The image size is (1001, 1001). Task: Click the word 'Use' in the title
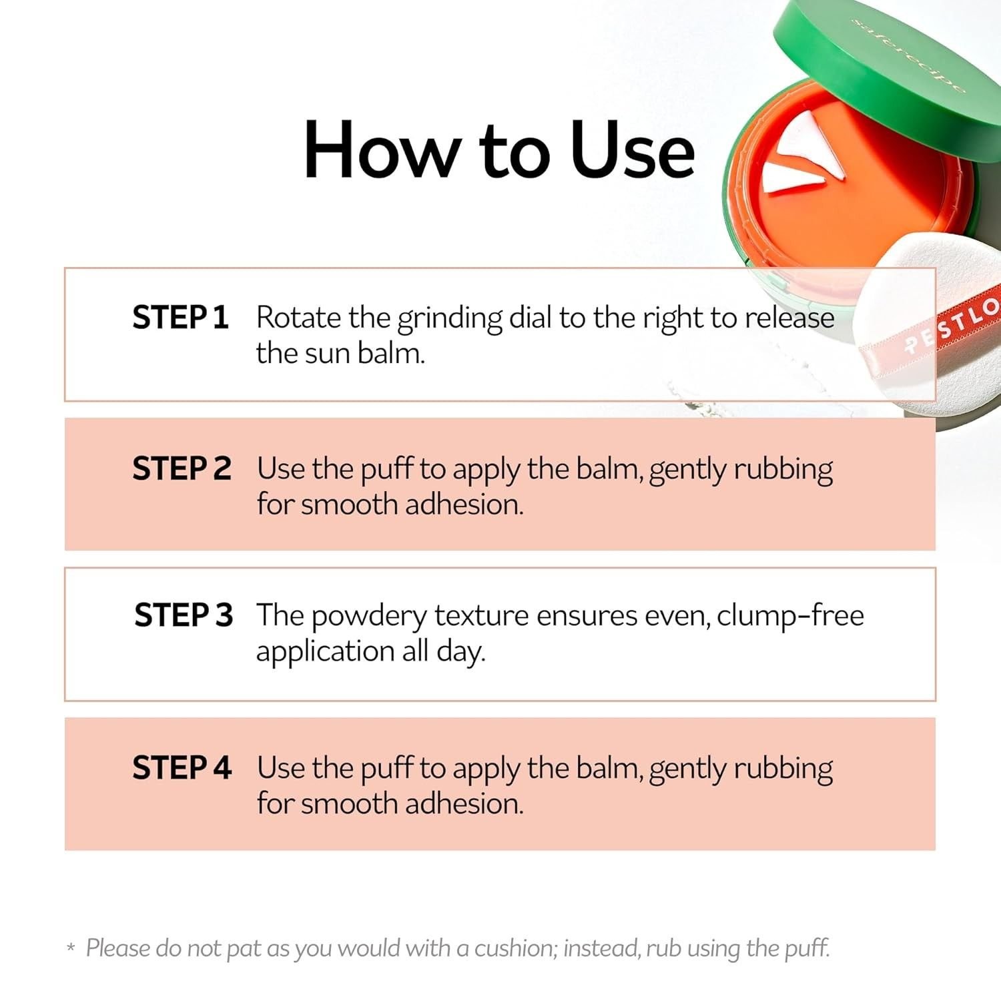tap(632, 149)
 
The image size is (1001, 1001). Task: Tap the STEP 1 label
tap(180, 317)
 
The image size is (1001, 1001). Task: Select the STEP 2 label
tap(182, 468)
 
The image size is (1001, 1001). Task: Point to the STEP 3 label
tap(184, 615)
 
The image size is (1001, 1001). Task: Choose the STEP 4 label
tap(182, 767)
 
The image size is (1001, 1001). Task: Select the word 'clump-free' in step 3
tap(790, 616)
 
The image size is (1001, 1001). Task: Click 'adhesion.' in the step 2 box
tap(464, 504)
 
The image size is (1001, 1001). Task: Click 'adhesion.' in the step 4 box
tap(464, 803)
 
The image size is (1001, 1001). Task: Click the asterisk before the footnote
tap(71, 948)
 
